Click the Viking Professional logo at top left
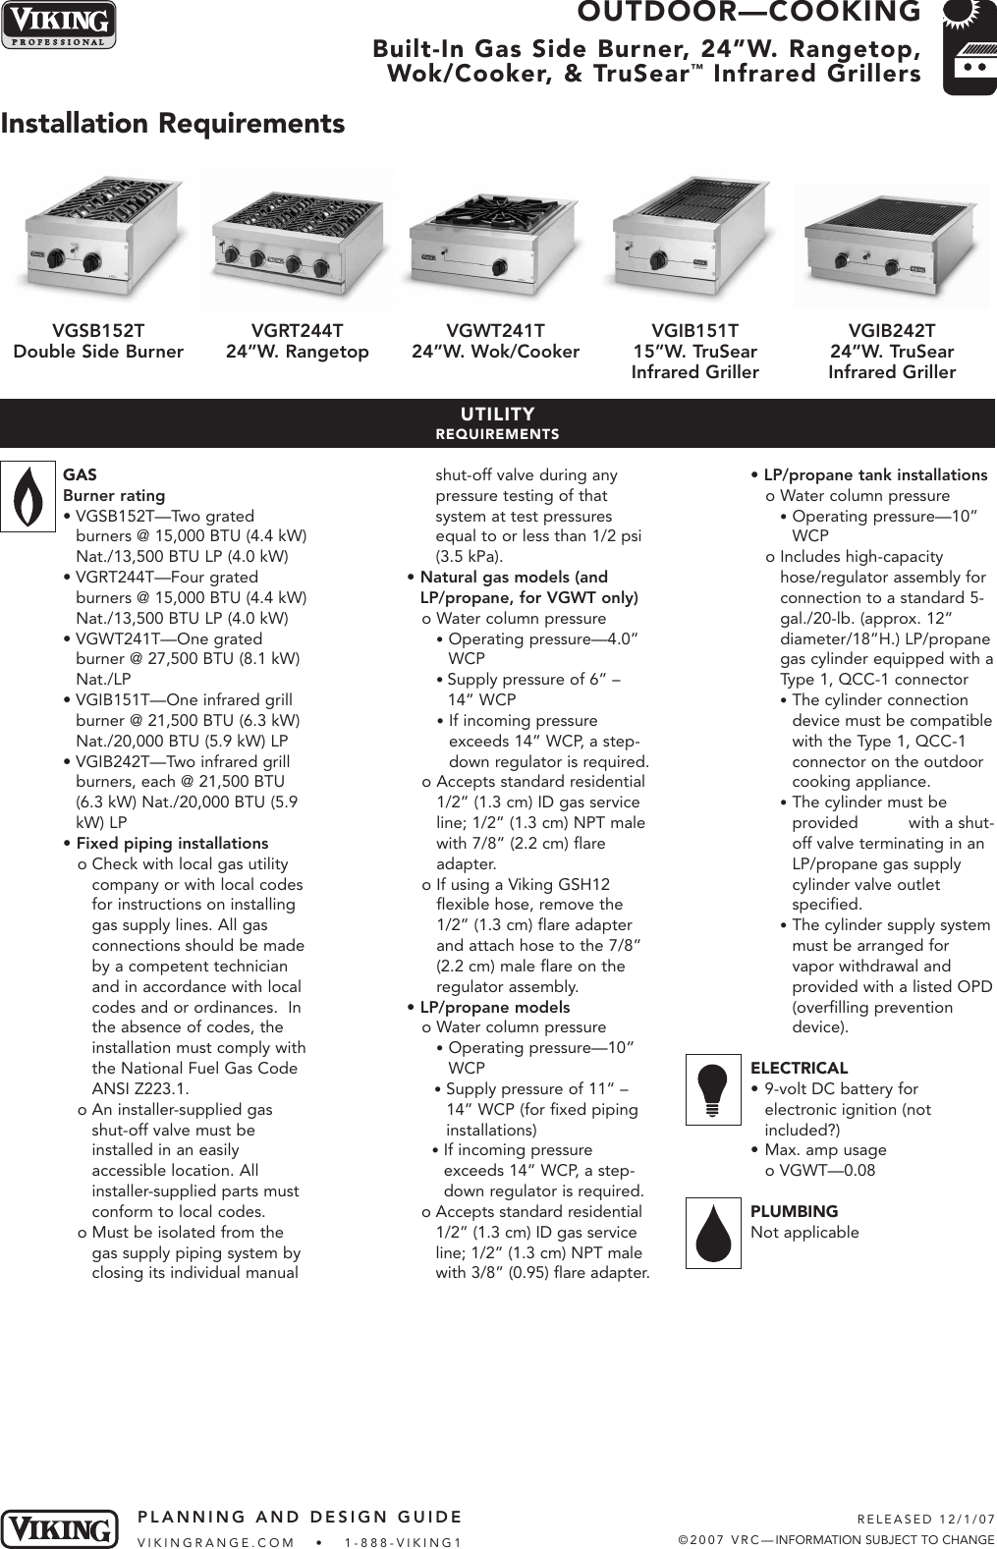tap(58, 24)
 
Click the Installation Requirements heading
tap(173, 124)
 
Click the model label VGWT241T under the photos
tap(495, 331)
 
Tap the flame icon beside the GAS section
tap(28, 496)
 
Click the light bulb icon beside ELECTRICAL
tap(713, 1089)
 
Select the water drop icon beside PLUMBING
tap(713, 1233)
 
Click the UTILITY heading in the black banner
tap(497, 415)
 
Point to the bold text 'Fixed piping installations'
tap(172, 844)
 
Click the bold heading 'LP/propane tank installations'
tap(875, 475)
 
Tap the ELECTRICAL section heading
tap(799, 1069)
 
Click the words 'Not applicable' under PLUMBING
tap(804, 1233)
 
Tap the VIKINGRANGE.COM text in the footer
tap(216, 1542)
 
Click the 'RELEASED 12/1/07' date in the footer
tap(925, 1519)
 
